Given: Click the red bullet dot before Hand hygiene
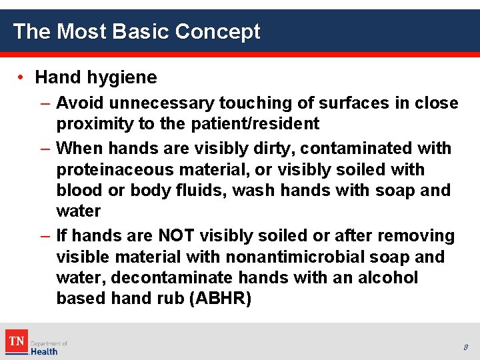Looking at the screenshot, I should coord(22,77).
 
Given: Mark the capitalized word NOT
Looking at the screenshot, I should coord(177,236).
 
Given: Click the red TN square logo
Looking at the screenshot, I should coord(16,341).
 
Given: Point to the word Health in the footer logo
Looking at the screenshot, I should coord(45,351).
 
